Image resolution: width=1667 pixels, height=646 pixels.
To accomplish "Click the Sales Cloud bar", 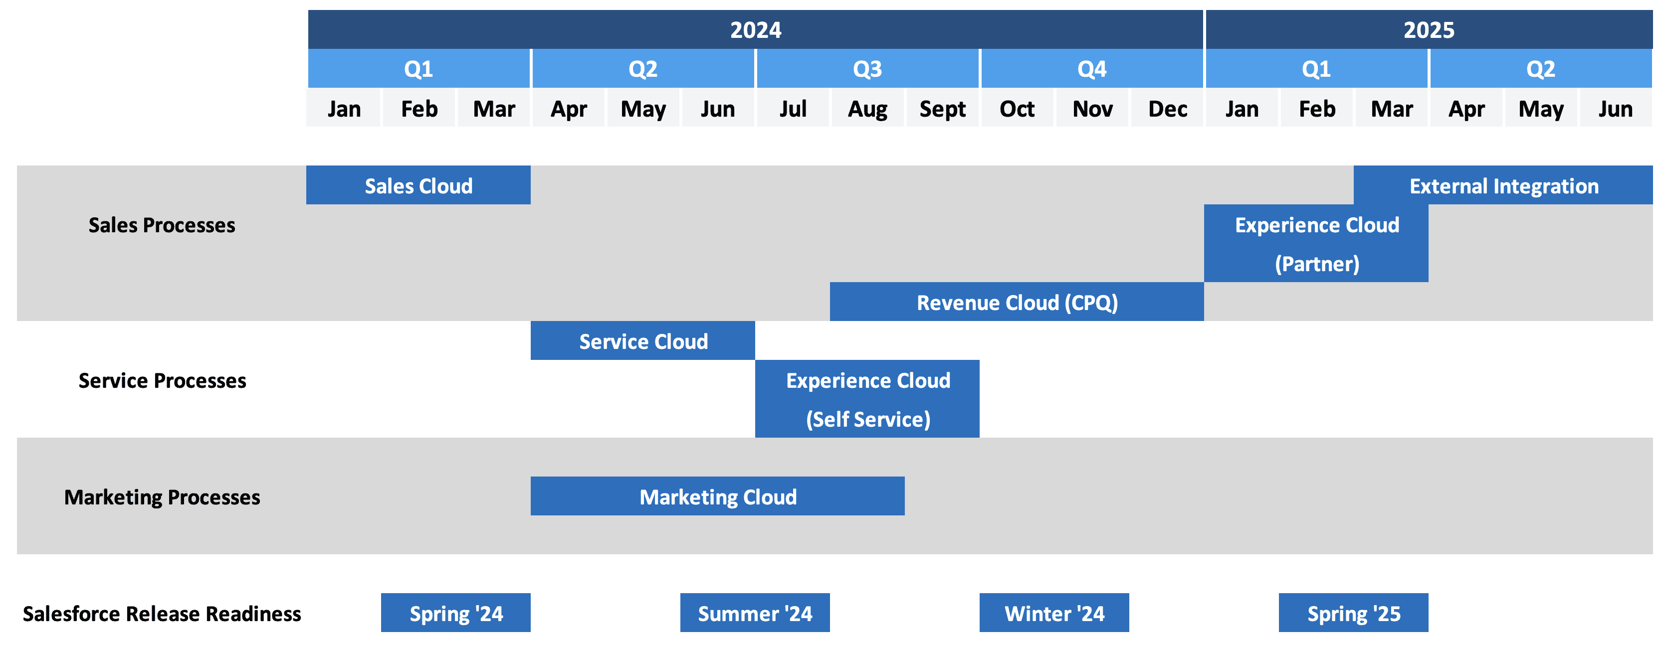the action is tap(418, 185).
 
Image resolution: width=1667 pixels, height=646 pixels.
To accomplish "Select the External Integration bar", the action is tap(1503, 185).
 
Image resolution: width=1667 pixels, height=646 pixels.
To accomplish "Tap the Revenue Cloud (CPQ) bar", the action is tap(1017, 302).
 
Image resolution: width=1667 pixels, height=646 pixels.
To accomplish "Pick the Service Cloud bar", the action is tap(642, 340).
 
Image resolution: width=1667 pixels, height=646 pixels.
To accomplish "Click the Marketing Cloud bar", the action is tap(718, 496).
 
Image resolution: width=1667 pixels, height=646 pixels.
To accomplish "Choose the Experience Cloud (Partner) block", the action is tap(1316, 243).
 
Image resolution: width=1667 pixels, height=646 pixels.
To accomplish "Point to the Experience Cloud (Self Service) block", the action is tap(867, 398).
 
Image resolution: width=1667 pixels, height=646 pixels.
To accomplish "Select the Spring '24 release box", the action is tap(455, 613).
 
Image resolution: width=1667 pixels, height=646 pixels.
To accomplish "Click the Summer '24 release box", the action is tap(755, 613).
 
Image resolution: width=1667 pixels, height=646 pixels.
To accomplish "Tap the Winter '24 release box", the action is tap(1054, 613).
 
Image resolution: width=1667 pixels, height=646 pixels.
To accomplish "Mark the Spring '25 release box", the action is tap(1354, 613).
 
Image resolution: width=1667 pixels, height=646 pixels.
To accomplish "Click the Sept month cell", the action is tap(942, 108).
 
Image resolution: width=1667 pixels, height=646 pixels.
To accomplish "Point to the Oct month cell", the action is tap(1017, 108).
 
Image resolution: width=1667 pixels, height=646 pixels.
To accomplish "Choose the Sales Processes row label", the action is tap(162, 225).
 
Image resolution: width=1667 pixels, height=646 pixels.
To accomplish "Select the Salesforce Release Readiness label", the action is tap(162, 614).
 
